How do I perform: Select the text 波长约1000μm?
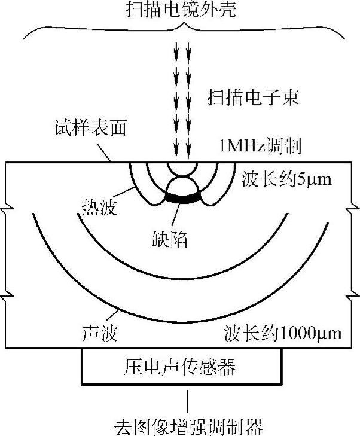pos(283,333)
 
